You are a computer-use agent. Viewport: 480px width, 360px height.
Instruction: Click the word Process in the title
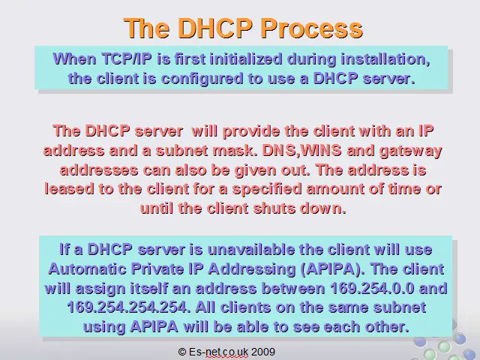[x=312, y=28]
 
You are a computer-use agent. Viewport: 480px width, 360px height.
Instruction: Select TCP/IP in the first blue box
[x=127, y=58]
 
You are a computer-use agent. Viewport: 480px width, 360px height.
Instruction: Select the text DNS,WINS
[x=301, y=151]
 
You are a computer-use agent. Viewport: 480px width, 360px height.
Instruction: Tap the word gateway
[x=410, y=151]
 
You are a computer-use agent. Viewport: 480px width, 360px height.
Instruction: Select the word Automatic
[x=87, y=268]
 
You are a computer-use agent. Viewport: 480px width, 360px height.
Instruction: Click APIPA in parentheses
[x=333, y=269]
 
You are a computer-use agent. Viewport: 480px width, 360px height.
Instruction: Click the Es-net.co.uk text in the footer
[x=219, y=352]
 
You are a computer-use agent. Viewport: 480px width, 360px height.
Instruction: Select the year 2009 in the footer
[x=263, y=352]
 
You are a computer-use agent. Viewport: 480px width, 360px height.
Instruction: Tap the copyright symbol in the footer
[x=182, y=352]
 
